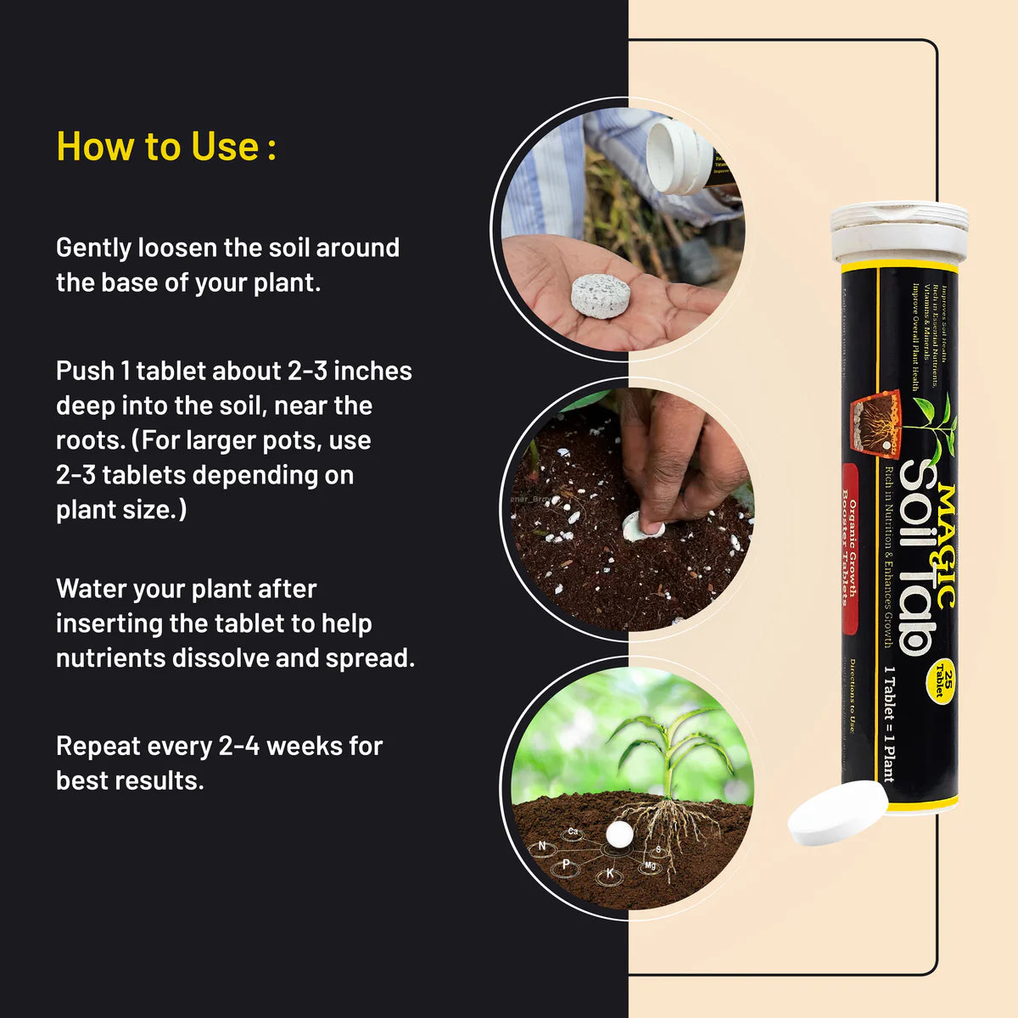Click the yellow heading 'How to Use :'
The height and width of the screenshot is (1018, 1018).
point(166,147)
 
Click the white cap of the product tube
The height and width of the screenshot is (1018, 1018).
point(899,232)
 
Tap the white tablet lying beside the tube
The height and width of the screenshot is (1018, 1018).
point(836,813)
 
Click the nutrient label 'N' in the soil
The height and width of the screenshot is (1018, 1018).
point(542,847)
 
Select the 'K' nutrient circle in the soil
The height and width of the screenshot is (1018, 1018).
point(609,873)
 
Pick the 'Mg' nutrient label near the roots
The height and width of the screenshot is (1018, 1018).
point(650,865)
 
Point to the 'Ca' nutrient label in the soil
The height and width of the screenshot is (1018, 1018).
point(573,832)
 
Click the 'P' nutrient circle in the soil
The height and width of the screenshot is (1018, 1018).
point(566,864)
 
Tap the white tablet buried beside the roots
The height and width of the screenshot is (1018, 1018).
point(619,834)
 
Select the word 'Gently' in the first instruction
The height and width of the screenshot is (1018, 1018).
point(94,248)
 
